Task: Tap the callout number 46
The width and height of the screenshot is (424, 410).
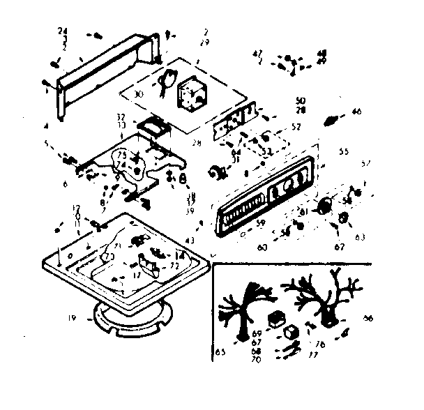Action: (x=356, y=110)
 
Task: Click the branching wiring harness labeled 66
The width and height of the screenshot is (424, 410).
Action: (x=321, y=296)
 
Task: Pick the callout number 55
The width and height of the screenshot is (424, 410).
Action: (x=343, y=151)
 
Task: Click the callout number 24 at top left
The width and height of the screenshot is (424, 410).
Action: (x=63, y=31)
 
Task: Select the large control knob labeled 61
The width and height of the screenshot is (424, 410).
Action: (x=323, y=206)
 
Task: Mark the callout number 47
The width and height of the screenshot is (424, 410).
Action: (x=257, y=52)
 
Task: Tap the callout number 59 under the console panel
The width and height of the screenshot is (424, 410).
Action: (x=259, y=223)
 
